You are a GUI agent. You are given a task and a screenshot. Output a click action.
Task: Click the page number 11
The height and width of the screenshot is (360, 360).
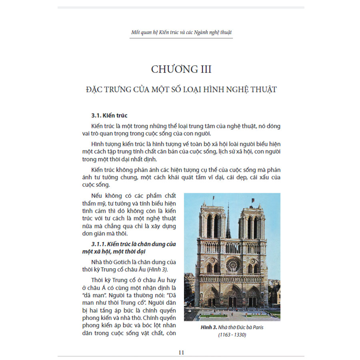click(181, 352)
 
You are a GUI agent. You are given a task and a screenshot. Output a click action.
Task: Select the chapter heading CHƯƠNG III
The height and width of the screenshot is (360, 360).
click(181, 69)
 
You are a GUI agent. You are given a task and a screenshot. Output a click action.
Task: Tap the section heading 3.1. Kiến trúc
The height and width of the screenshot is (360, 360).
click(109, 116)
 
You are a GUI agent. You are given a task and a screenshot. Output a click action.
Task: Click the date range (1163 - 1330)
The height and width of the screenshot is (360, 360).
click(232, 335)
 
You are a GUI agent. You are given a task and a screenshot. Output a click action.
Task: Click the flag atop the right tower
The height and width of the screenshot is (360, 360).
click(252, 200)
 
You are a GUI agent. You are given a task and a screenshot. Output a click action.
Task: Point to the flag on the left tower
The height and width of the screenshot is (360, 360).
click(212, 198)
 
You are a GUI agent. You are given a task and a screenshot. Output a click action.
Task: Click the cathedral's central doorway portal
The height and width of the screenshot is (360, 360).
click(232, 298)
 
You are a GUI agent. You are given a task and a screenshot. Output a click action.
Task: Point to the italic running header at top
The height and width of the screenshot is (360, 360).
click(181, 32)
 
